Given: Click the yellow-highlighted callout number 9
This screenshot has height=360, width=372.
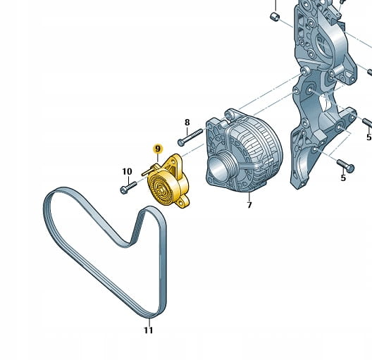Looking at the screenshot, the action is click(x=158, y=149).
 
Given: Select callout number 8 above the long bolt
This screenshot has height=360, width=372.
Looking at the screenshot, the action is click(x=187, y=123).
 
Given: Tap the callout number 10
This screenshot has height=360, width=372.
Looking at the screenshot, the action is click(x=127, y=171).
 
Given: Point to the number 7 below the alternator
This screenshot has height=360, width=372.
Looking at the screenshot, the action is click(x=249, y=205).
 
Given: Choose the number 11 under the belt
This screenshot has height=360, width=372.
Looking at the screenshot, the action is click(x=149, y=330).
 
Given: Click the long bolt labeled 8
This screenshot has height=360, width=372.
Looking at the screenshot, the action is click(x=190, y=137).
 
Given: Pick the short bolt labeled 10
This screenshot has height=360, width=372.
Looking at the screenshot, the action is click(x=129, y=187).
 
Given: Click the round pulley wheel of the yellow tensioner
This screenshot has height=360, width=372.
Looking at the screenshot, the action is click(x=161, y=189).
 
